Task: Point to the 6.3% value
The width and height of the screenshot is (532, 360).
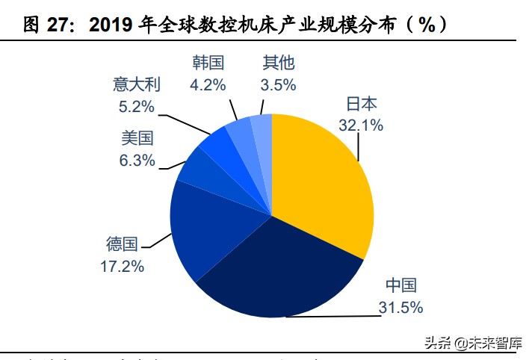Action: coord(137,159)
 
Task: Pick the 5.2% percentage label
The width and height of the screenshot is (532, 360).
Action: coord(137,106)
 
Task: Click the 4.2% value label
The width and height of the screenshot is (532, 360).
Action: coord(208,84)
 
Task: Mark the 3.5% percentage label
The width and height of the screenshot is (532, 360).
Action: coord(278,84)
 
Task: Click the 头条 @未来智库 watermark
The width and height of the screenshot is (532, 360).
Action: coord(472,343)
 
